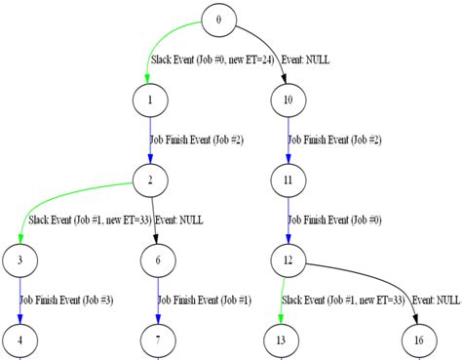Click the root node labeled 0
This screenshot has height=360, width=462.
point(218,20)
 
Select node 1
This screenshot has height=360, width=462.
point(149,100)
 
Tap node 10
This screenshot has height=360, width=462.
point(288,100)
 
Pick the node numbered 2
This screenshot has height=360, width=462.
point(149,180)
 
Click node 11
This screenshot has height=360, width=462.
point(288,180)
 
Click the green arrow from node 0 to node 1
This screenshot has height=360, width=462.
point(156,49)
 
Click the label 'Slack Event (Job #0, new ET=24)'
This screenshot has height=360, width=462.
point(212,60)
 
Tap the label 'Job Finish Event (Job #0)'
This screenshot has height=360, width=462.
point(334,220)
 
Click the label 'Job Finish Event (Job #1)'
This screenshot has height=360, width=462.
point(205,300)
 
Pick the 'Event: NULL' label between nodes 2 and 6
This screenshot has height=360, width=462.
point(178,220)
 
